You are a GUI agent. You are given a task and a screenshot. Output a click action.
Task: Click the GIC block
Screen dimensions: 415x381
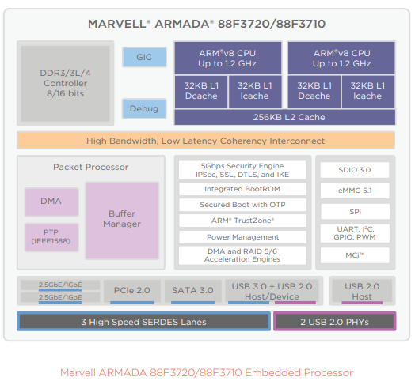(x=144, y=57)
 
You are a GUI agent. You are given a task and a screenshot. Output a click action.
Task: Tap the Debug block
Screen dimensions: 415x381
(x=144, y=108)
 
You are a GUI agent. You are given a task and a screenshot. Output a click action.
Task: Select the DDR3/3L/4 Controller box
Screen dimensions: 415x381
(x=66, y=83)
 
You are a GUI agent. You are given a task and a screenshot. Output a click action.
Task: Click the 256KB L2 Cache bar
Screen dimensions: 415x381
(x=285, y=117)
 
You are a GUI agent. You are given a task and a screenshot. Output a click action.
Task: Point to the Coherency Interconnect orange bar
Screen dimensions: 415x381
(x=206, y=141)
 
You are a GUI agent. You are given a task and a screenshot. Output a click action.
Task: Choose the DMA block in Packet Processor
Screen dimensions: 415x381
(x=51, y=202)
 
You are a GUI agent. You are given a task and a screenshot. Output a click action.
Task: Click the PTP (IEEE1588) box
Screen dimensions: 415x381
(x=51, y=237)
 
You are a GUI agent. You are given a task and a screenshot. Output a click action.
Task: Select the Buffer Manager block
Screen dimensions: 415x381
(x=122, y=221)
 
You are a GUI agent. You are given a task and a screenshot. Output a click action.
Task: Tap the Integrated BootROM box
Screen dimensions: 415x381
(x=242, y=189)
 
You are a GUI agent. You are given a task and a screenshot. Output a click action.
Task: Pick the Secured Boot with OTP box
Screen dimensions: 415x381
(x=242, y=205)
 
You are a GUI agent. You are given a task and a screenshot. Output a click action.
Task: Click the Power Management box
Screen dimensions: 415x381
(x=242, y=237)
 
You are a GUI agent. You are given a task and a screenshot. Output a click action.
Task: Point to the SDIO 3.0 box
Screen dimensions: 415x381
(x=355, y=170)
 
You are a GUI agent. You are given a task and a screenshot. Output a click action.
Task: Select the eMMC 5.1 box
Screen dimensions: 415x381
(x=355, y=190)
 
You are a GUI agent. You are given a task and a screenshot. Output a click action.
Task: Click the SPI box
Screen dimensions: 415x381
(x=355, y=211)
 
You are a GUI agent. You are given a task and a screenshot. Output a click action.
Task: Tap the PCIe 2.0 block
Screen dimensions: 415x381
(x=132, y=291)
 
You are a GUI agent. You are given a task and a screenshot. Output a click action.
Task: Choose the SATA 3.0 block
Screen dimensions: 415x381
(x=193, y=291)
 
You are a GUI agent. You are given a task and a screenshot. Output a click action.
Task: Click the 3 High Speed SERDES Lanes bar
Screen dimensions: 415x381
(x=143, y=321)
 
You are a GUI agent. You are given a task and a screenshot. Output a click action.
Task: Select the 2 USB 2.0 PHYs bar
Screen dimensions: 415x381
(x=335, y=321)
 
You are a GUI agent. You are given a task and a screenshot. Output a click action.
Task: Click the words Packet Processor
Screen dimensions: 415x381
(x=90, y=167)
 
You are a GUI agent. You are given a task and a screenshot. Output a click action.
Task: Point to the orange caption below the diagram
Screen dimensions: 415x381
(x=207, y=372)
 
